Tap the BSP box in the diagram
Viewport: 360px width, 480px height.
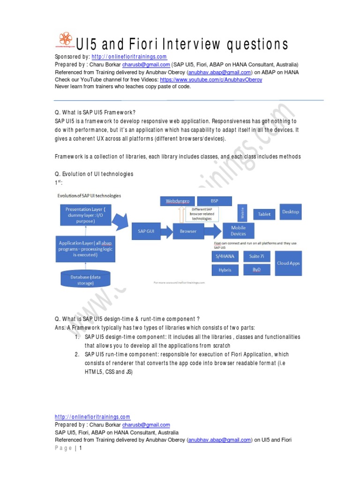click(214, 201)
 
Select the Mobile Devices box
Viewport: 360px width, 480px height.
click(238, 231)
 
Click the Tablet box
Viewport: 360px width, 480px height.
click(264, 214)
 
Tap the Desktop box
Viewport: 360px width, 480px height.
click(290, 212)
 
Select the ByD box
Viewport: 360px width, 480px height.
click(256, 270)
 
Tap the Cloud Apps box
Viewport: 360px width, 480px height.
click(288, 263)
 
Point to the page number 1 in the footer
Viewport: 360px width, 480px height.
click(81, 448)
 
